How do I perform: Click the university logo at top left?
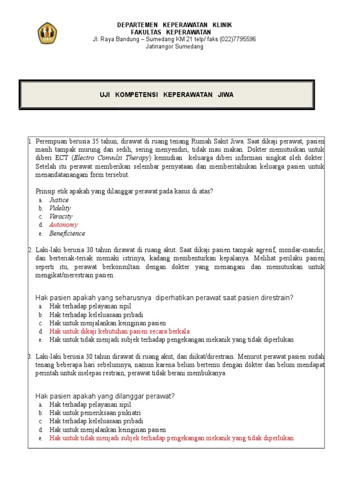pyautogui.click(x=48, y=33)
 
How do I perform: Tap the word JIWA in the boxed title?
pyautogui.click(x=225, y=95)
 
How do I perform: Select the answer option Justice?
pyautogui.click(x=59, y=200)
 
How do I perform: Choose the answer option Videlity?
pyautogui.click(x=60, y=208)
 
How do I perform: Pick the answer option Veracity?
pyautogui.click(x=61, y=217)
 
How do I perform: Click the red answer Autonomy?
pyautogui.click(x=64, y=225)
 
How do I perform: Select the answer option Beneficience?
pyautogui.click(x=67, y=233)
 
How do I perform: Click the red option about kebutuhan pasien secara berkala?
pyautogui.click(x=120, y=331)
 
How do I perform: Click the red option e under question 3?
pyautogui.click(x=172, y=438)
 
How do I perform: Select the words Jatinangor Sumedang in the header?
pyautogui.click(x=174, y=47)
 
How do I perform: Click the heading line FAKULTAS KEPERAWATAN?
pyautogui.click(x=174, y=32)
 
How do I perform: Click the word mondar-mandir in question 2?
pyautogui.click(x=303, y=250)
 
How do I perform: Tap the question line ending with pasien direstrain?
pyautogui.click(x=165, y=298)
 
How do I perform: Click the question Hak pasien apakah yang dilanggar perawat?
pyautogui.click(x=105, y=396)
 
